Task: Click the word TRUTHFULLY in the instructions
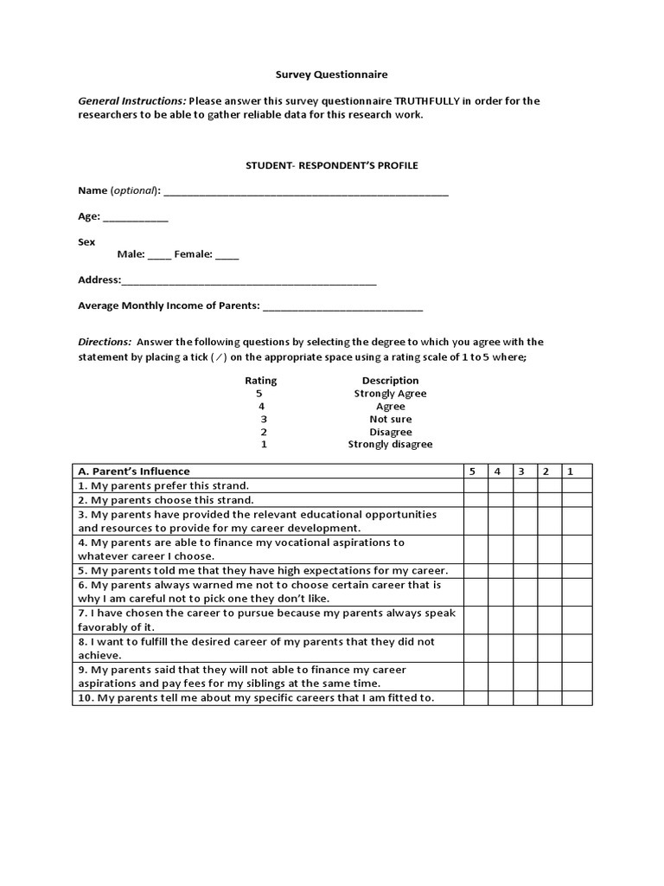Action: point(427,100)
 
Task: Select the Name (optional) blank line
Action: point(305,191)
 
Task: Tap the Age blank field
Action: point(136,218)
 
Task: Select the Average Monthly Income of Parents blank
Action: point(342,306)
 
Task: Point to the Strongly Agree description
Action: point(390,394)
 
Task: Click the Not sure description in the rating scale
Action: point(390,419)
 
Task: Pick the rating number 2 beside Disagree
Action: point(263,432)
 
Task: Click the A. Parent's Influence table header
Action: point(134,472)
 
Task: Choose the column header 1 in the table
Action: point(571,472)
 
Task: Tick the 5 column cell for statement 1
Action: point(475,485)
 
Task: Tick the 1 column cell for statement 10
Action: point(577,698)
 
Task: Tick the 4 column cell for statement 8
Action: point(499,649)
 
